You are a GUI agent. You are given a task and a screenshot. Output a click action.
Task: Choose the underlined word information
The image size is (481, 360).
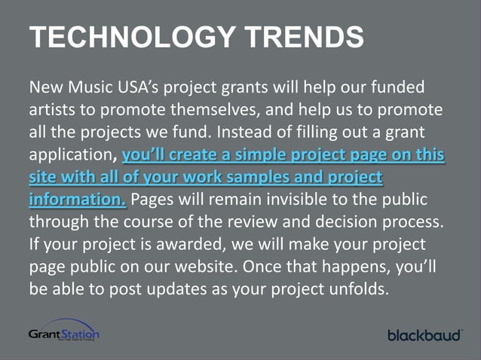pos(76,201)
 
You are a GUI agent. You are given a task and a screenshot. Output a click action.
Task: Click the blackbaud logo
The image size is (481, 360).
pos(424,334)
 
